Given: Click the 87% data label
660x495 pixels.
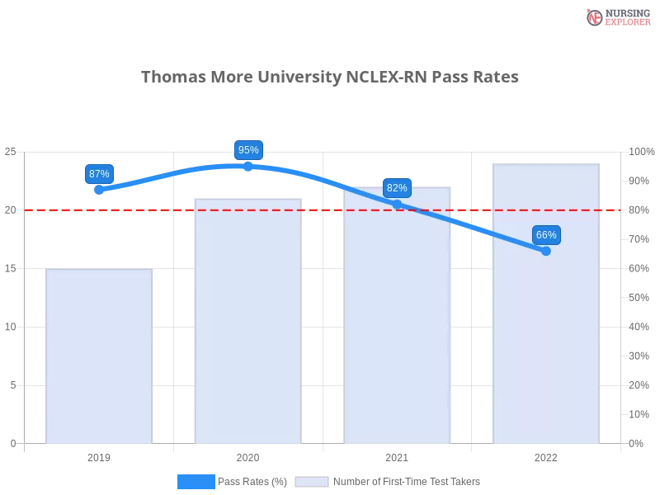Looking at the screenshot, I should point(99,174).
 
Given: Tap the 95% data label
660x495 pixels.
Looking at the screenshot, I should point(247,150).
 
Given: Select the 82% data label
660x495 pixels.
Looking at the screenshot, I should point(397,188).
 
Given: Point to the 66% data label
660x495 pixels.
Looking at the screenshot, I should point(546,235).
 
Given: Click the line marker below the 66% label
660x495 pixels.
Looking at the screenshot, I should point(545,251).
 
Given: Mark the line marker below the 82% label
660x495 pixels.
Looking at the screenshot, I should point(397,204).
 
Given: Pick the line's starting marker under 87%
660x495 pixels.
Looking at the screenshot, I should point(99,191).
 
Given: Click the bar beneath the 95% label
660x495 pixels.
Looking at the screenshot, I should point(247,322).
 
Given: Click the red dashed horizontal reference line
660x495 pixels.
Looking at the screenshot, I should point(330,210).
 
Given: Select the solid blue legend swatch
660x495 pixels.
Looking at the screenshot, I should point(196,481).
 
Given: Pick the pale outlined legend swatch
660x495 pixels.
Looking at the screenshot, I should point(312,482).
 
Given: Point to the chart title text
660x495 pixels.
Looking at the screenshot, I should point(330,77).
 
